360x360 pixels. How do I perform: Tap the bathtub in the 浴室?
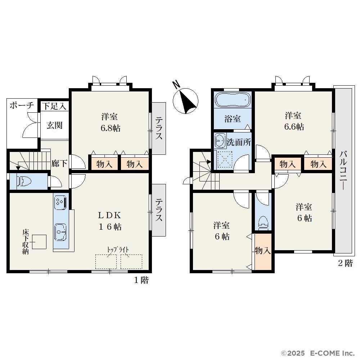(232, 99)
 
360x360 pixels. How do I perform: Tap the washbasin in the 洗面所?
(220, 140)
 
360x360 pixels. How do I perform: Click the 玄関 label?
(54, 125)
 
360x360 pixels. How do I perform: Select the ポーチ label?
(22, 105)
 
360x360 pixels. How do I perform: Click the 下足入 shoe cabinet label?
(54, 107)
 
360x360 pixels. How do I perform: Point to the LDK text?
(109, 215)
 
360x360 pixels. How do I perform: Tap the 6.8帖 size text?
(111, 128)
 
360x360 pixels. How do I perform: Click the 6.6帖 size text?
(294, 127)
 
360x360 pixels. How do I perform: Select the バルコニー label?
(344, 170)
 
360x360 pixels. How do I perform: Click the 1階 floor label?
(141, 280)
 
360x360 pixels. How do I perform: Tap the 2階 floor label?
(345, 263)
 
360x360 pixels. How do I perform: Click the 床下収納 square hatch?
(39, 242)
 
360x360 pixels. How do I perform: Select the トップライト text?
(118, 250)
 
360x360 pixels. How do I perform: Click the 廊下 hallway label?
(59, 163)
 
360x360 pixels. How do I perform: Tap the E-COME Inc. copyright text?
(320, 353)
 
